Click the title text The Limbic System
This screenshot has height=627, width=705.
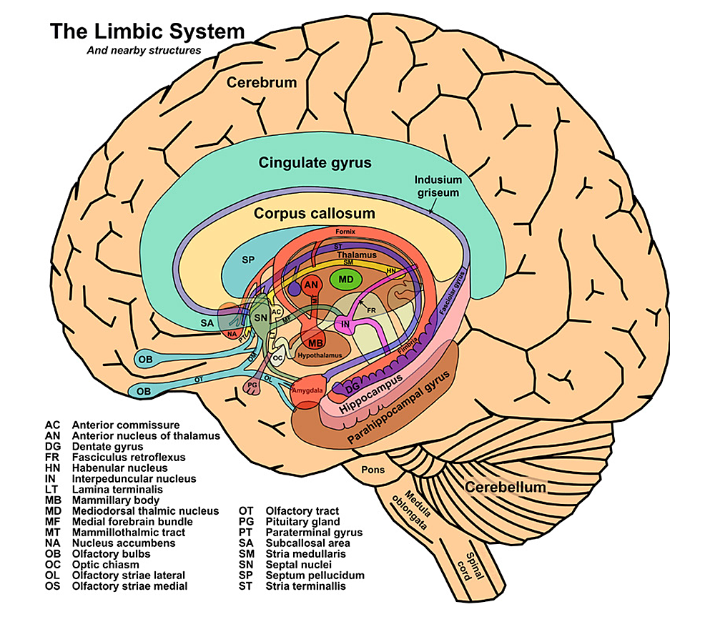[x=147, y=32]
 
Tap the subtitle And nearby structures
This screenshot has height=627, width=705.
[x=144, y=51]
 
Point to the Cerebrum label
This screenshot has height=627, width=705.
[x=262, y=83]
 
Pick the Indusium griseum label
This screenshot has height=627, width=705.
[x=439, y=186]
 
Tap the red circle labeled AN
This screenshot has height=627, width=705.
[x=311, y=285]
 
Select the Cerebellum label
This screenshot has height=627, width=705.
[x=506, y=488]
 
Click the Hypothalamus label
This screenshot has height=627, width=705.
[x=320, y=355]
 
